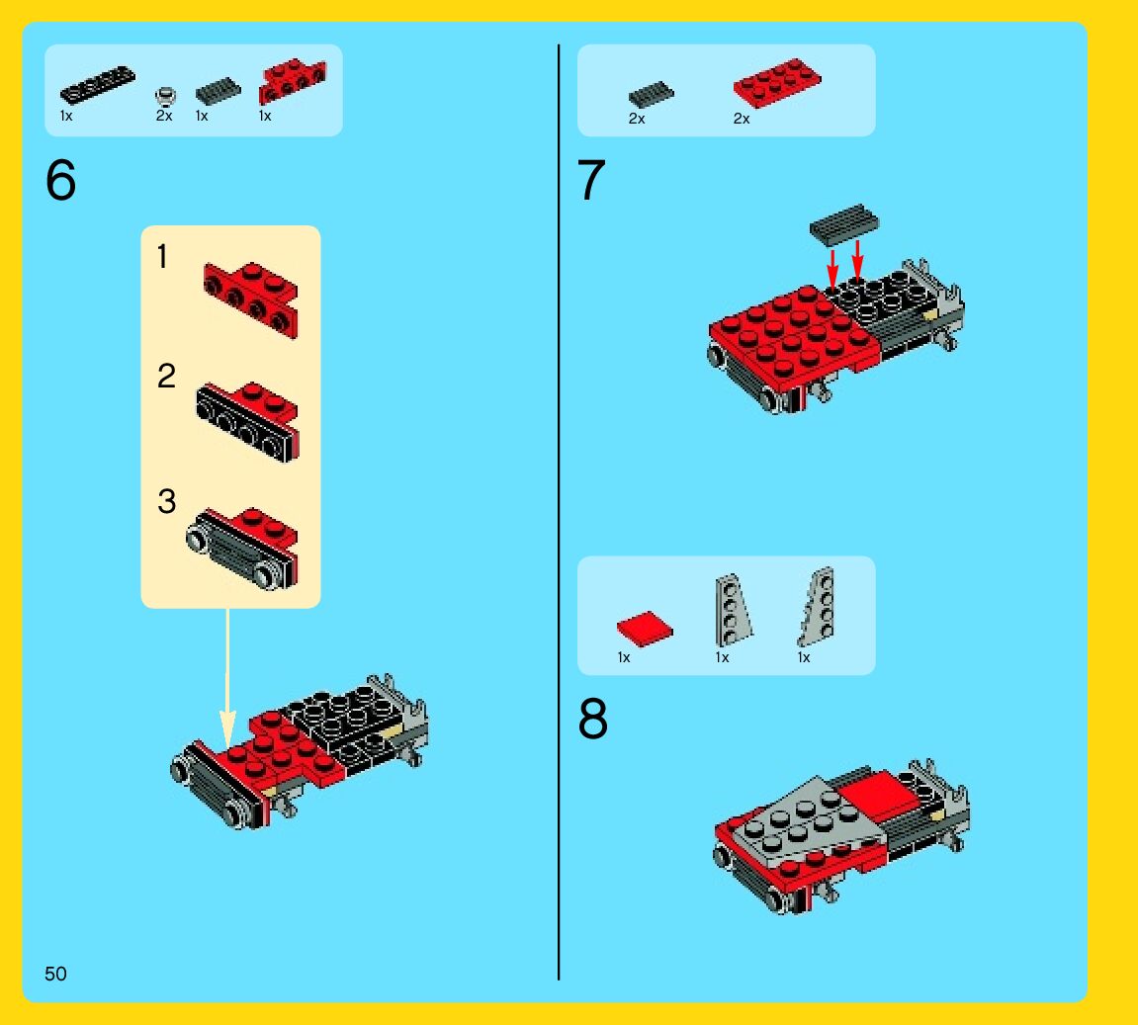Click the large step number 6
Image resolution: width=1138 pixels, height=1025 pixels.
[61, 180]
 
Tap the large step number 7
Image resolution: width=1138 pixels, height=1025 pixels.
[591, 180]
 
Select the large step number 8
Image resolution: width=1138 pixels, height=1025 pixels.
[593, 719]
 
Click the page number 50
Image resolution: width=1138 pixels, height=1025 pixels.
[55, 974]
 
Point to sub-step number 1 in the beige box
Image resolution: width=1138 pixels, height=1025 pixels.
[162, 256]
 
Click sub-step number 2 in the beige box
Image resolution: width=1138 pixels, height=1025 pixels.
[166, 376]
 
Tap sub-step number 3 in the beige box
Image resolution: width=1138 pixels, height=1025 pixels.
[166, 501]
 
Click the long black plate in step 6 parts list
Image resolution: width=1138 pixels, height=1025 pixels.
[97, 85]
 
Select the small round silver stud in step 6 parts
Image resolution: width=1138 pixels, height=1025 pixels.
[165, 97]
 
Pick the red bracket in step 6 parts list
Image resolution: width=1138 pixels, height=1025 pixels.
[293, 80]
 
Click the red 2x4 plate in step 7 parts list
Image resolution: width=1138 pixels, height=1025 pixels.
[776, 83]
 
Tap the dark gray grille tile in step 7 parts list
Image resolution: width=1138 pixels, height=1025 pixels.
[651, 94]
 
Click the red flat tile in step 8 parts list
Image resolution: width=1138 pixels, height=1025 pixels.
[645, 629]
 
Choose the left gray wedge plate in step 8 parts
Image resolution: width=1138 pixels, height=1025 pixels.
[732, 610]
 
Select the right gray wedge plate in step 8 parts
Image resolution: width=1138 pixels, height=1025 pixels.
[818, 607]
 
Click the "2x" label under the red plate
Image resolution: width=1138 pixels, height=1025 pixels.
[741, 119]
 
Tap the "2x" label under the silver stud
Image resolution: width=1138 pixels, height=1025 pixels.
[164, 116]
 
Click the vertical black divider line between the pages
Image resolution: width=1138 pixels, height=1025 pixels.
[558, 512]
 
